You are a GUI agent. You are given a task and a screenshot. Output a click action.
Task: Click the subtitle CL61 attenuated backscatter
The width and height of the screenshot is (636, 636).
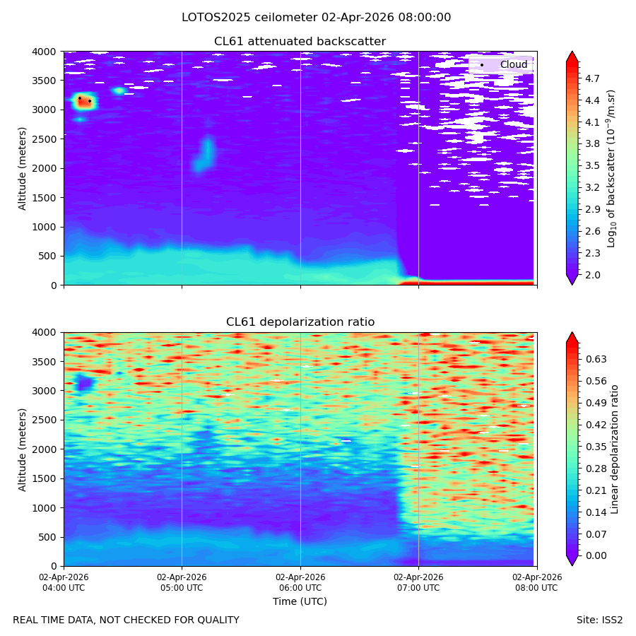pos(300,42)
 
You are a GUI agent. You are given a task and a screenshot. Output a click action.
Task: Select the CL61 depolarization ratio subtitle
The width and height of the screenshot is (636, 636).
pos(300,322)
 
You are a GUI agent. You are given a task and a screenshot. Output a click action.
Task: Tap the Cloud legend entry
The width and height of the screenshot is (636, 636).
pos(501,64)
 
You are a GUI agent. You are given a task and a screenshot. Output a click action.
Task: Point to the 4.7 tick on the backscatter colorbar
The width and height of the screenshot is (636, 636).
pos(592,78)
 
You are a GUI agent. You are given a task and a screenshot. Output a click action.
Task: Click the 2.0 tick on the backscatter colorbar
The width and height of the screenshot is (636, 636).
pos(592,275)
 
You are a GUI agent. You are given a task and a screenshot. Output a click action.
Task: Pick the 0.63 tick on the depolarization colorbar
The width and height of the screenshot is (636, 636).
pos(596,360)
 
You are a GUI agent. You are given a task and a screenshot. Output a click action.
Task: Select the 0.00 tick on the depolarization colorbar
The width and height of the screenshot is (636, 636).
pos(596,555)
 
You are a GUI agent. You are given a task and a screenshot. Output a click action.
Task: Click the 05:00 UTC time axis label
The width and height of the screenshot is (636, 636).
pos(182,582)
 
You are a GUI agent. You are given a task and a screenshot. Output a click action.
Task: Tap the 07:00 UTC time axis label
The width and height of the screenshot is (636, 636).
pos(418,582)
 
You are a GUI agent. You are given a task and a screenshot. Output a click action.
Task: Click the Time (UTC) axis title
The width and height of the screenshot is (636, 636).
pos(300,601)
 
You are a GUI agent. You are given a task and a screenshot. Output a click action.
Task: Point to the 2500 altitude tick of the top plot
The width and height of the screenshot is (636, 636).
pos(45,139)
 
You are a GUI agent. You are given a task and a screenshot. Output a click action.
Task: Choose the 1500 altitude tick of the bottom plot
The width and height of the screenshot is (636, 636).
pos(45,478)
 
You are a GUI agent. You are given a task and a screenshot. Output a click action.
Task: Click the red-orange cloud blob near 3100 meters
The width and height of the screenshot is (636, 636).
pos(84,102)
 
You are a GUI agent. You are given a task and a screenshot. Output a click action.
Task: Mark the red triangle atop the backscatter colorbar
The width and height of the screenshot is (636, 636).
pos(572,57)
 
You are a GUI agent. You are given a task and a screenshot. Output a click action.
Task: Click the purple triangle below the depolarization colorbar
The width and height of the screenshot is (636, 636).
pos(572,560)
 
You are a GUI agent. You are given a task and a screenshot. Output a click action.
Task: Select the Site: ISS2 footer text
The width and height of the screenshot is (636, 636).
pos(599,620)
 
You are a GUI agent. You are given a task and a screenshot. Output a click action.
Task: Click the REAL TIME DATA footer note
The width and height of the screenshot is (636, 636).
pos(126,620)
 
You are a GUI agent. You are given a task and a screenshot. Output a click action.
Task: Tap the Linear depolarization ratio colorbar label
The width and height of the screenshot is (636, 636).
pos(614,449)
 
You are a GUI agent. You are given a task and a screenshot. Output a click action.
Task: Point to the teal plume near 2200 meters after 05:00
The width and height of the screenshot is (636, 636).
pos(204,155)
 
